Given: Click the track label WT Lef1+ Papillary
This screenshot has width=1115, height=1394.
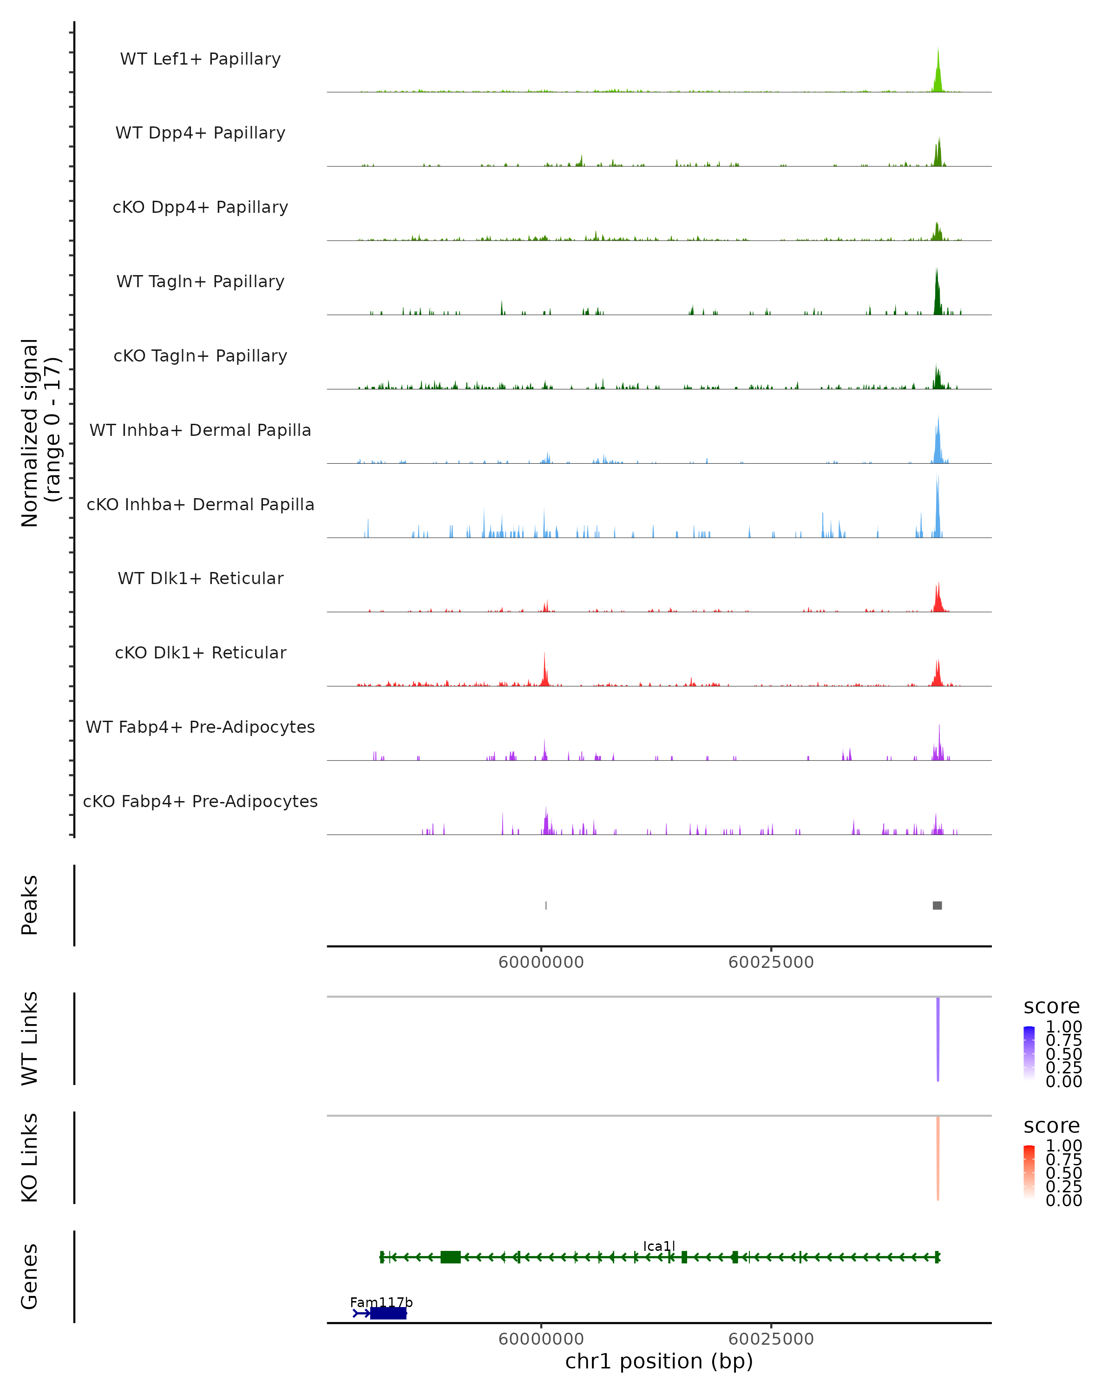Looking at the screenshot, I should pyautogui.click(x=200, y=59).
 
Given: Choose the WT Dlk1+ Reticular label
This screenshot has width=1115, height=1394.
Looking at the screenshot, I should pyautogui.click(x=200, y=578).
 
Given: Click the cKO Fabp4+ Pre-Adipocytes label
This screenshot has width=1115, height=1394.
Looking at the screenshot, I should pyautogui.click(x=200, y=801).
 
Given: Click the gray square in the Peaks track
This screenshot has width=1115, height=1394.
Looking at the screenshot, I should pyautogui.click(x=937, y=905).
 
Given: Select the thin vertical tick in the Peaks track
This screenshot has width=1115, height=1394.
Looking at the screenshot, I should pyautogui.click(x=546, y=905).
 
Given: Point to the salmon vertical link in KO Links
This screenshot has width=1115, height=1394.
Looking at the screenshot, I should pyautogui.click(x=938, y=1158).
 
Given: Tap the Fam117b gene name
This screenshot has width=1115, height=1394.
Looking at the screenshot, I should pyautogui.click(x=380, y=1302).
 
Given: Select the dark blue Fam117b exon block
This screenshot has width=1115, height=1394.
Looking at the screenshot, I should pyautogui.click(x=388, y=1313).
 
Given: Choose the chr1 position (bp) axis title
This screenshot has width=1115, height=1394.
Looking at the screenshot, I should pyautogui.click(x=659, y=1361).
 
